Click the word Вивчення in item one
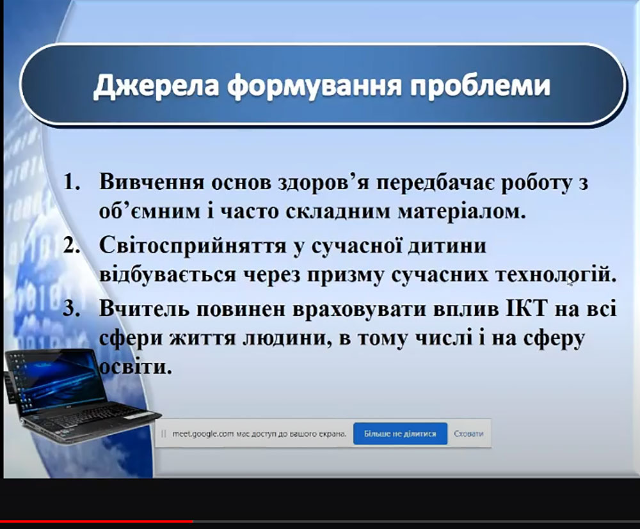coord(152,182)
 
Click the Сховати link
coord(468,434)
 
